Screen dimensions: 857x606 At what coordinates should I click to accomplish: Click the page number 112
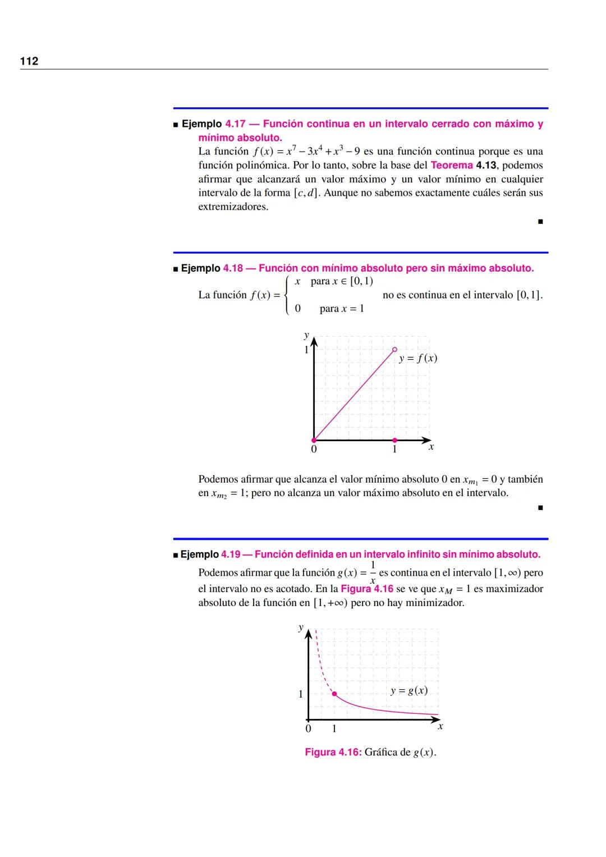coord(29,61)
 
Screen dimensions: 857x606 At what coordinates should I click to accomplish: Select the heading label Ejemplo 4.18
coord(212,268)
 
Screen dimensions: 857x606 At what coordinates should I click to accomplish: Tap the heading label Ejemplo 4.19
coord(210,554)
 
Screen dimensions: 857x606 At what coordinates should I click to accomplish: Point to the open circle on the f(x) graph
coord(394,349)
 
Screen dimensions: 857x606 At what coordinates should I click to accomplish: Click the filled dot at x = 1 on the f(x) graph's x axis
coord(394,440)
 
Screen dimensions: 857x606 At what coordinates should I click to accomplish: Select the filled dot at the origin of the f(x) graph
coord(314,440)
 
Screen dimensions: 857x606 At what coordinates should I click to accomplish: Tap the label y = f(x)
coord(418,358)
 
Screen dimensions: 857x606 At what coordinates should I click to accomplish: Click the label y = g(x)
coord(409,690)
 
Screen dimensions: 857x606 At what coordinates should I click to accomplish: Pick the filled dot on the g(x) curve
coord(334,694)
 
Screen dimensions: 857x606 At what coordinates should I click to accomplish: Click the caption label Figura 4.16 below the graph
coord(333,752)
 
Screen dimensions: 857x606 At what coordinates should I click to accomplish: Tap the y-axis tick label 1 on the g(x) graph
coord(300,694)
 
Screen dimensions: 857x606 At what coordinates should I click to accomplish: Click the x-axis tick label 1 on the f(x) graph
coord(394,449)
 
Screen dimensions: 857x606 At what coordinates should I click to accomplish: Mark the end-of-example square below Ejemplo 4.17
coord(540,222)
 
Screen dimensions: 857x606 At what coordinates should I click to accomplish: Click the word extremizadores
coord(233,207)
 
